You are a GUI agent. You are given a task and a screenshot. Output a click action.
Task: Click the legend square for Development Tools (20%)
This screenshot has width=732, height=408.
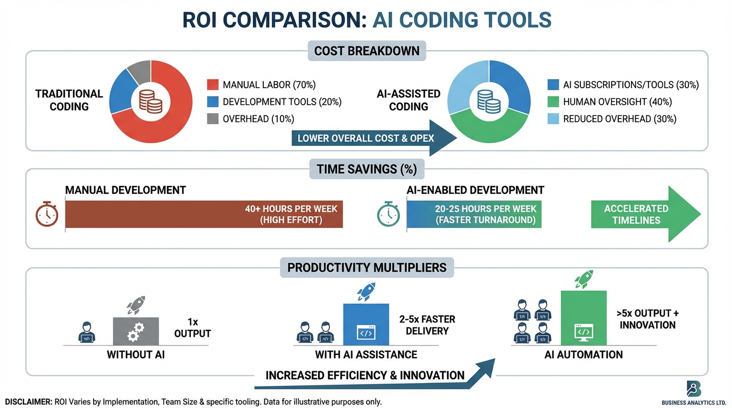tap(212, 101)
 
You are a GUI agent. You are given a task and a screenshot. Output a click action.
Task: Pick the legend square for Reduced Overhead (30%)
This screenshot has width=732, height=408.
tap(553, 118)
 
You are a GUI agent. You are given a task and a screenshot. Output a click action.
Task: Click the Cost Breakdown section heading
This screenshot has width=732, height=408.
tap(367, 51)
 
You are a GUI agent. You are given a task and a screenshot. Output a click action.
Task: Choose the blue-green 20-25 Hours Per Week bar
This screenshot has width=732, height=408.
tap(474, 214)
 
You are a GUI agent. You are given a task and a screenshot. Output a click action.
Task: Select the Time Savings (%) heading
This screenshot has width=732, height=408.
tap(367, 169)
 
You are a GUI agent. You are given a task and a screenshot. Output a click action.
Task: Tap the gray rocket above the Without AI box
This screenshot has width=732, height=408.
tap(136, 305)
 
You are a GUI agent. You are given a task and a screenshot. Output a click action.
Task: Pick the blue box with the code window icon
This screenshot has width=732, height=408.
tap(366, 325)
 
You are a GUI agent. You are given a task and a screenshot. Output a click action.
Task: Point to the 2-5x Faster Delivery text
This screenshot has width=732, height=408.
tap(427, 325)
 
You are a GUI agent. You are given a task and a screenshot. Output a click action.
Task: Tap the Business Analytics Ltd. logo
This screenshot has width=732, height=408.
tap(693, 389)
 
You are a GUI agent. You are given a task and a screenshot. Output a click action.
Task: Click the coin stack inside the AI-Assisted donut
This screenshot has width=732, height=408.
tap(488, 101)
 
